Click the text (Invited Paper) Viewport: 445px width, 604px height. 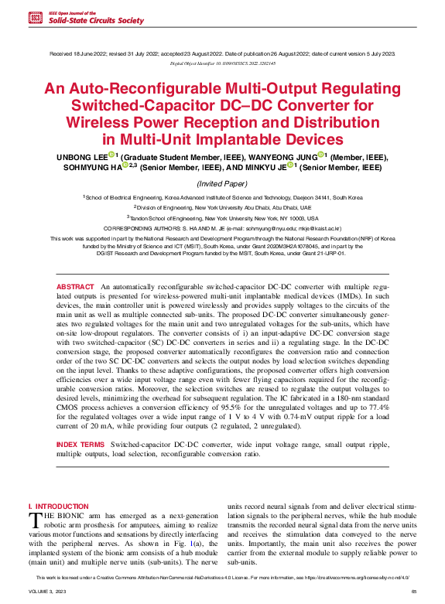click(x=222, y=184)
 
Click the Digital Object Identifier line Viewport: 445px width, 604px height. click(x=222, y=62)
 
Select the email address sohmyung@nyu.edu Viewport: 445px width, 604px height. click(x=258, y=230)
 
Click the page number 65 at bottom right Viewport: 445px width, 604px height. click(x=414, y=591)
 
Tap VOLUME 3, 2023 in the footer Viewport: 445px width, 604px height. click(x=47, y=591)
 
